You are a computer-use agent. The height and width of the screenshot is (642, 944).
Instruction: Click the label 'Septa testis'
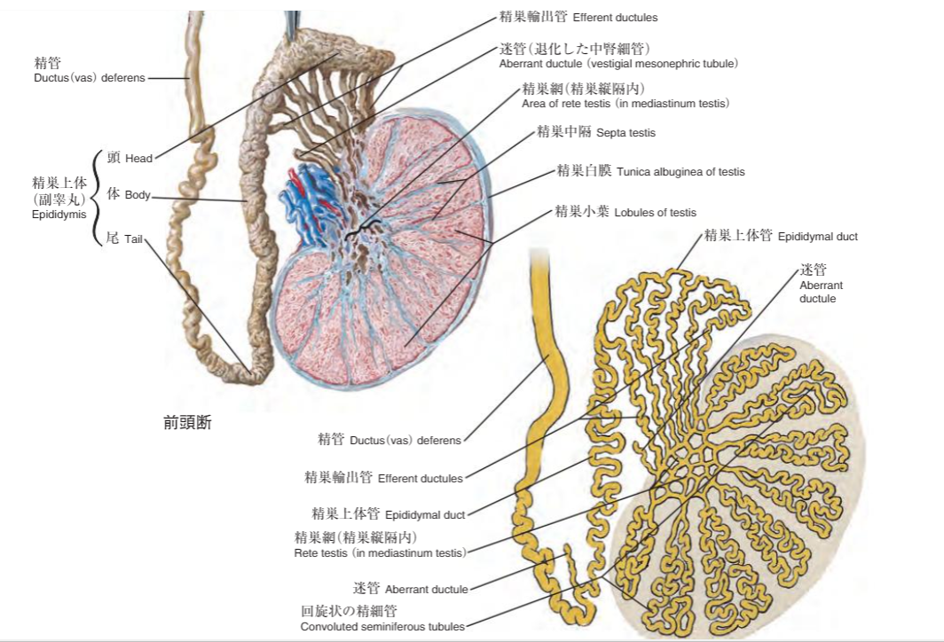tap(625, 133)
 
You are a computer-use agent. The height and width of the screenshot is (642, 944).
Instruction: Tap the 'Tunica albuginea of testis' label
tap(680, 172)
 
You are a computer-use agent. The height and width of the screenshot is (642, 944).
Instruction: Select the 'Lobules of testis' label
tap(655, 213)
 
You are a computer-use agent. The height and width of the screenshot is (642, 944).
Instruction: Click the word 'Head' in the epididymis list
tap(138, 159)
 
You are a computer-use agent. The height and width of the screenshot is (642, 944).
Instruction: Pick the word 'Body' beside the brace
tap(138, 195)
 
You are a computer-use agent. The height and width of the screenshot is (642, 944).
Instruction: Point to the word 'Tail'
tap(133, 239)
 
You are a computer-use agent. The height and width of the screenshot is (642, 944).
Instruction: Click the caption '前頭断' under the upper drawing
tap(187, 422)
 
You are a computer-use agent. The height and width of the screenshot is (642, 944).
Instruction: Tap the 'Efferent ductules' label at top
tap(615, 18)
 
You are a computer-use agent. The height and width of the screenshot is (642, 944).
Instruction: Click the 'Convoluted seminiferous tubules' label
tap(382, 627)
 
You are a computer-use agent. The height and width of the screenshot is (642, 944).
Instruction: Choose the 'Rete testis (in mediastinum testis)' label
tap(380, 553)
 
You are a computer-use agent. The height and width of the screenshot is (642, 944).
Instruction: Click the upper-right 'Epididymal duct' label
tap(818, 237)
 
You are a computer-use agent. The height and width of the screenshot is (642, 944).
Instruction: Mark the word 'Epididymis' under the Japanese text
tap(59, 215)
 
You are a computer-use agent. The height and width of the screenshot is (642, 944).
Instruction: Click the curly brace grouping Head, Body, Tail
tap(96, 198)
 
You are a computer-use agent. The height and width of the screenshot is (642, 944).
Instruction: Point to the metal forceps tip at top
tap(292, 23)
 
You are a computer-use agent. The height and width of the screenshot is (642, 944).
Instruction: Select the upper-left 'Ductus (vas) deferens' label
tap(89, 78)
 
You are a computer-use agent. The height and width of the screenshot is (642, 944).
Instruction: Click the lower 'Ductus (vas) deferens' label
tap(405, 441)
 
